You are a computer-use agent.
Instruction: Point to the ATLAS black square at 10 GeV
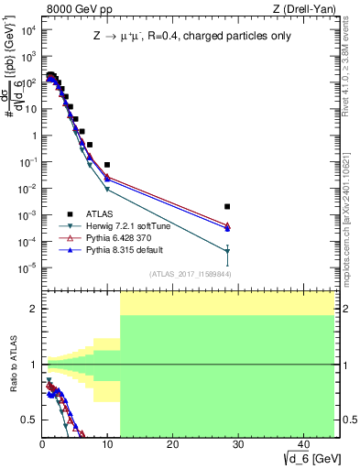[107, 165]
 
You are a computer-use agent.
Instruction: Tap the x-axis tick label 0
[42, 444]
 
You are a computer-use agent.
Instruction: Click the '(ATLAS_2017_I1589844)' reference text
[191, 273]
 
